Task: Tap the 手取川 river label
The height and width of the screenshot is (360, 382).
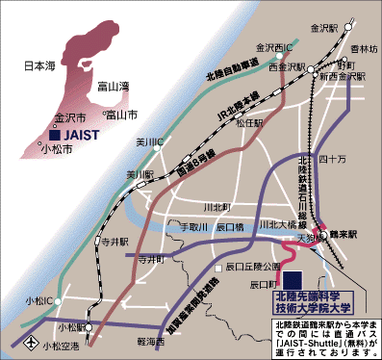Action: (194, 227)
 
